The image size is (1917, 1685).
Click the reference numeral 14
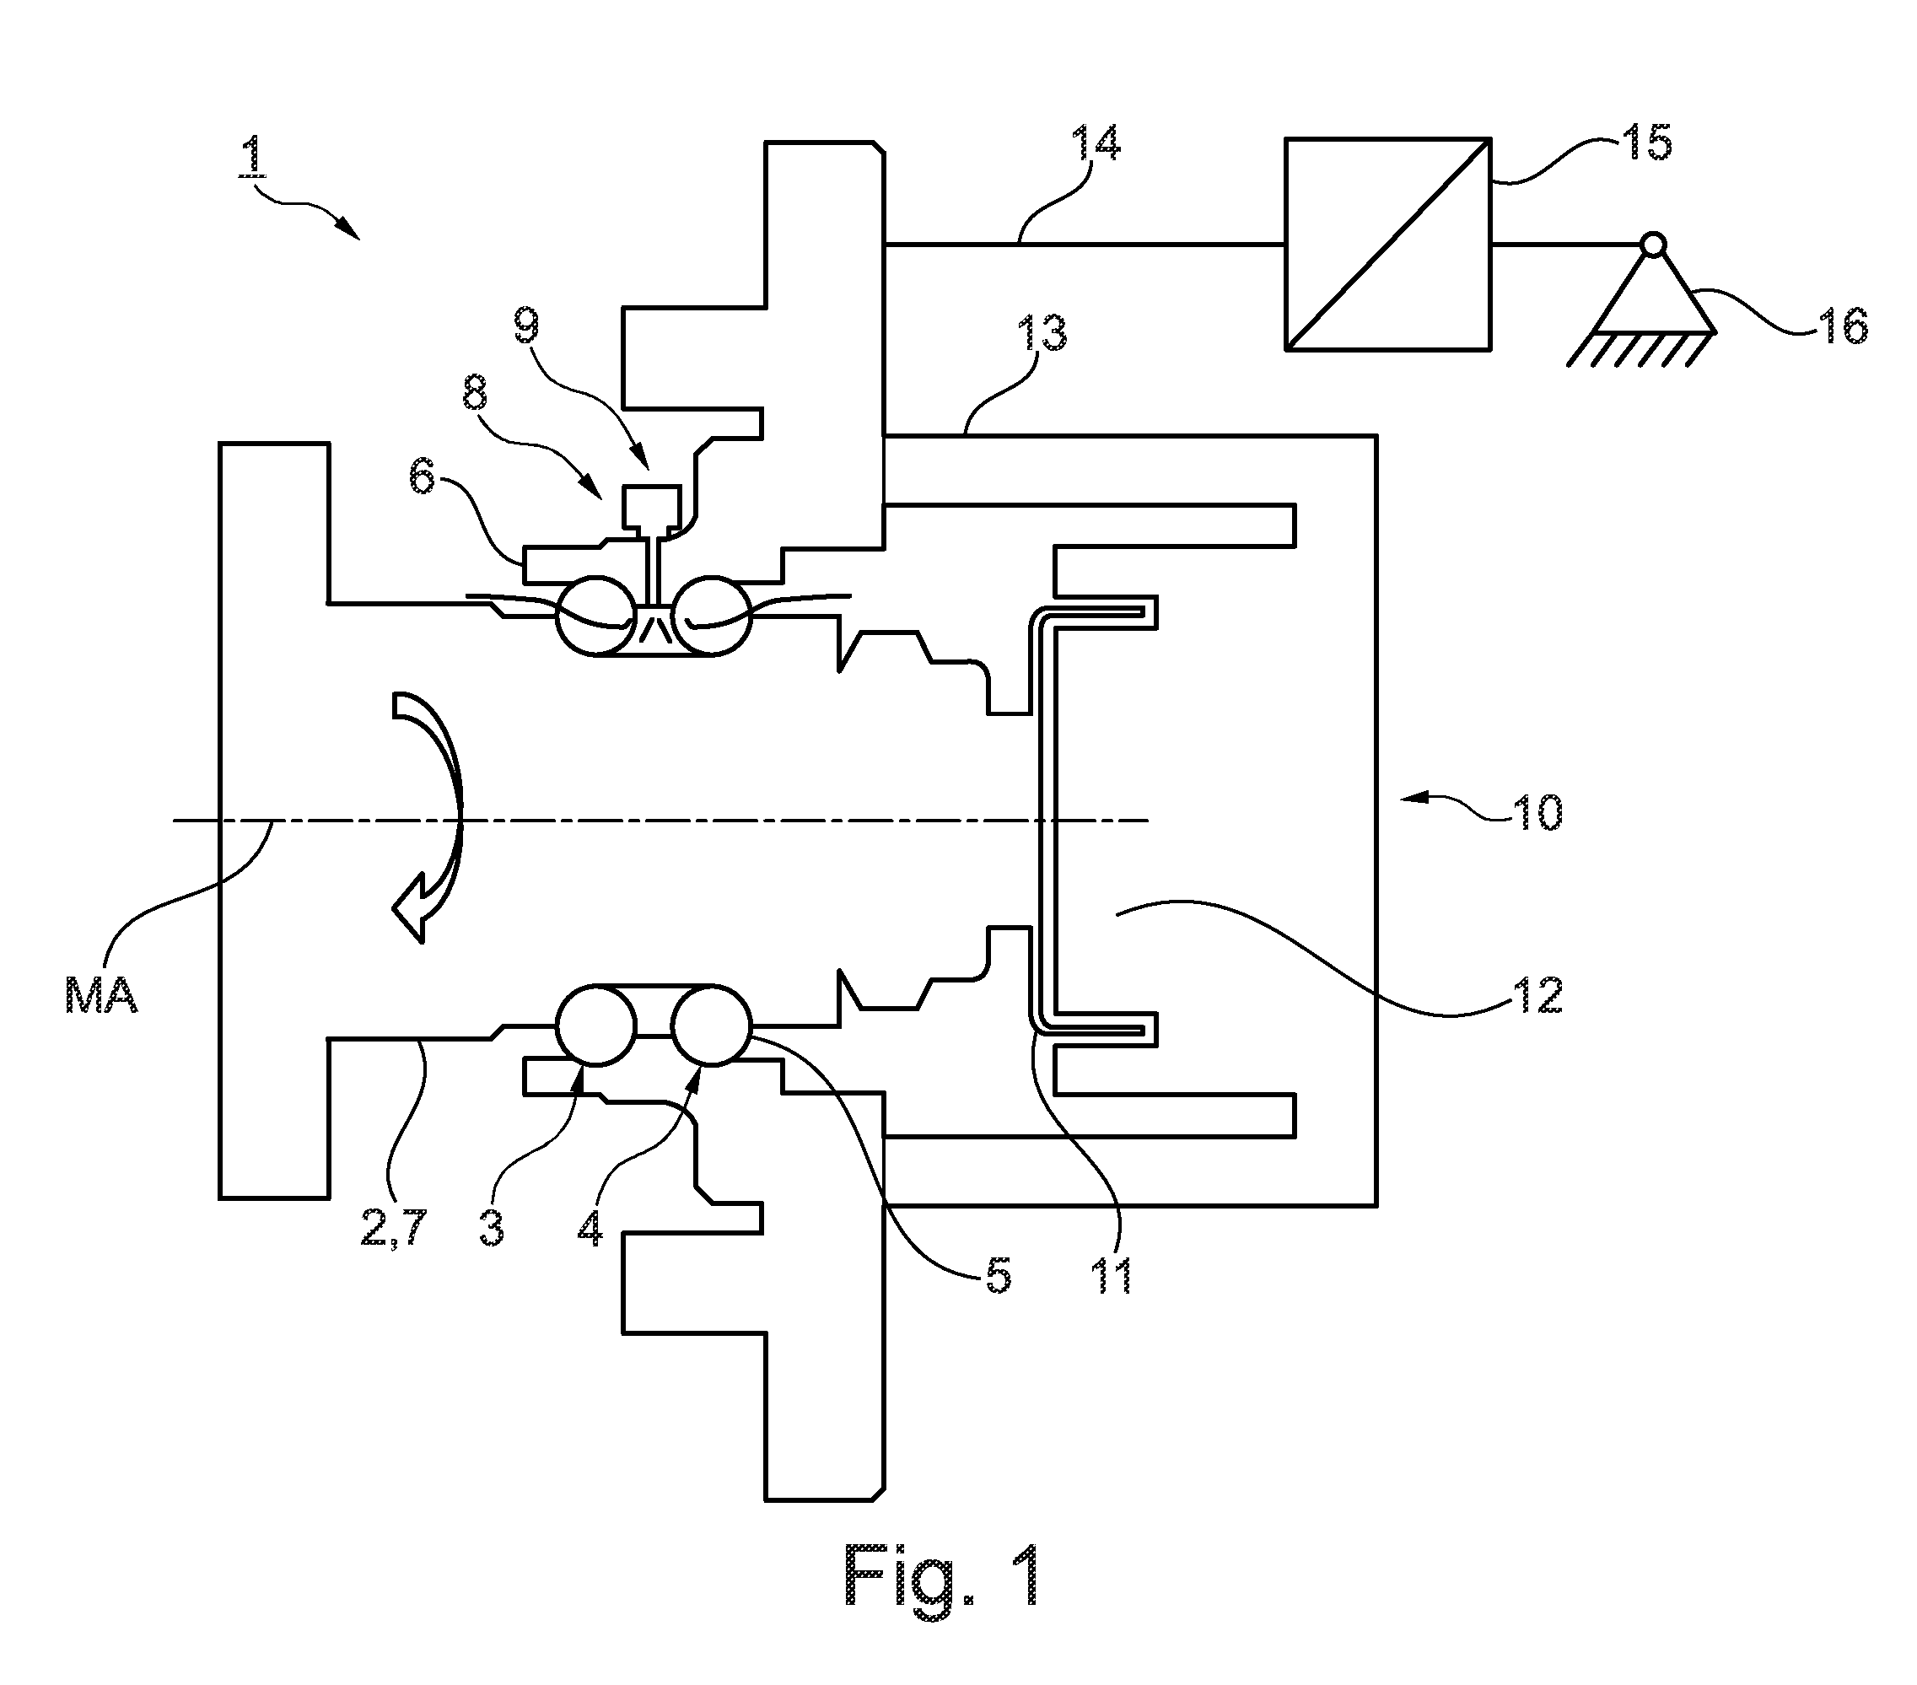(x=1096, y=146)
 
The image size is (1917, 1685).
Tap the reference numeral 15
(x=1647, y=143)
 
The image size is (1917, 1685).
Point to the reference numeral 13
(x=1041, y=335)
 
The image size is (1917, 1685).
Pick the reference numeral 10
(x=1537, y=813)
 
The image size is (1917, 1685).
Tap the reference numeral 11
(x=1113, y=1275)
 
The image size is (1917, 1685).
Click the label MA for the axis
(x=101, y=996)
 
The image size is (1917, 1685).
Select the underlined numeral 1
(x=250, y=158)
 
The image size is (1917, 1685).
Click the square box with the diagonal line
(x=1388, y=245)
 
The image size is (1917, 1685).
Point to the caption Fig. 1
(x=943, y=1575)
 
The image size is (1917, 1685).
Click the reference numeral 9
(x=527, y=326)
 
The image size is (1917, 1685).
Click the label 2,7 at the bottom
(x=394, y=1229)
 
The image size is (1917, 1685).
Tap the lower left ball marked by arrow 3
(x=596, y=1025)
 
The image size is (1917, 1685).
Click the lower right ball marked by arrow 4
(x=712, y=1025)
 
